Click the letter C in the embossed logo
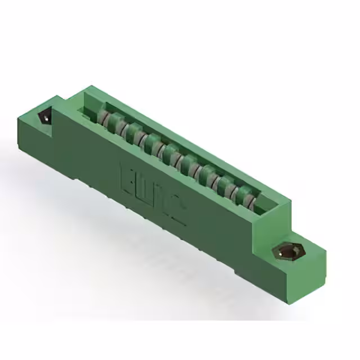point(179,213)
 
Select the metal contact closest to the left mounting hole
point(102,118)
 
